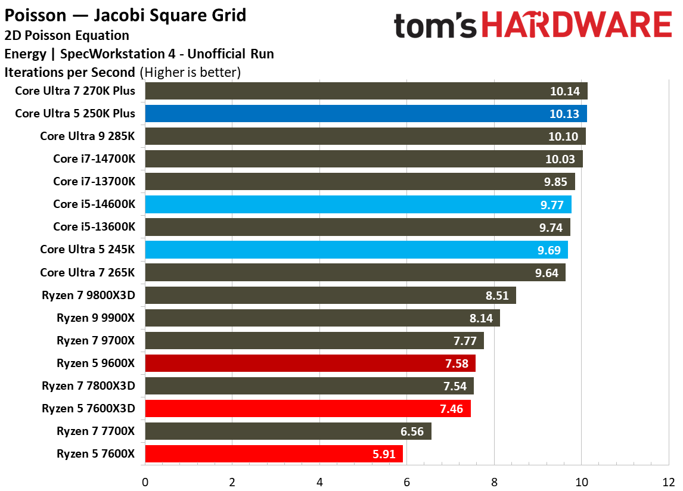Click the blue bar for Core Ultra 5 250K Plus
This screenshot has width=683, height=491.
point(365,114)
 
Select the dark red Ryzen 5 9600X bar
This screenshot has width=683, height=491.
point(310,363)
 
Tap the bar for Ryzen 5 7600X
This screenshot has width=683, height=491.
point(274,453)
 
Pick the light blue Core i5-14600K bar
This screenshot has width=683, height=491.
point(358,204)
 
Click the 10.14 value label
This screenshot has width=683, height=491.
point(563,91)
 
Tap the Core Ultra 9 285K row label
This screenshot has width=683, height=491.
point(88,136)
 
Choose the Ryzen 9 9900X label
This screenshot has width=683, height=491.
point(96,318)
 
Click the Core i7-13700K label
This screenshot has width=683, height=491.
point(94,182)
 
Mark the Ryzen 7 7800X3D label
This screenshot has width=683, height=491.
point(88,386)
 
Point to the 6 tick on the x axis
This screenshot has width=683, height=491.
point(406,481)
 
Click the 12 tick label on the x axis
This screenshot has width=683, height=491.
point(668,481)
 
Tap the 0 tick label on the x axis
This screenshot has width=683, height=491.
point(145,481)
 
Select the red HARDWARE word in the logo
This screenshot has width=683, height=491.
point(576,26)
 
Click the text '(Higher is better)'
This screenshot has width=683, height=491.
point(190,73)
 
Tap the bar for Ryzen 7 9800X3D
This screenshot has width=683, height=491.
point(330,295)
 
